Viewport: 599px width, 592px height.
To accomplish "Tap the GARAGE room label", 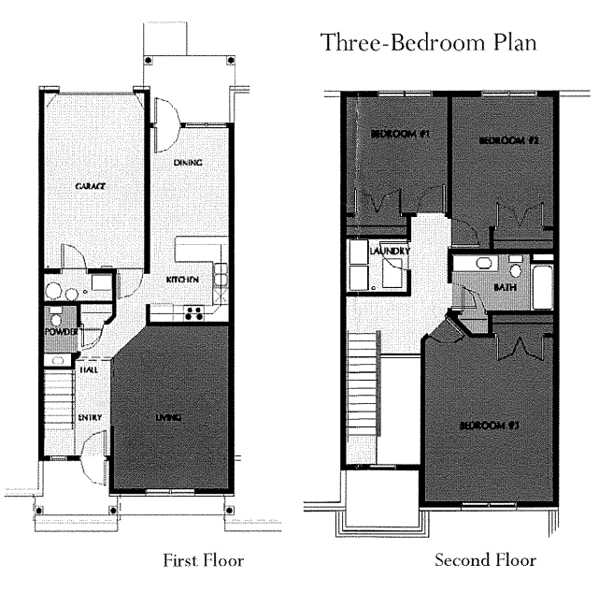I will [90, 186].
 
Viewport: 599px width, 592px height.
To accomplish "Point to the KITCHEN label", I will [180, 280].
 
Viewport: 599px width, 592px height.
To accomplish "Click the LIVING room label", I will [168, 417].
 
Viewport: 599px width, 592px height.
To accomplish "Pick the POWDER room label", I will [57, 331].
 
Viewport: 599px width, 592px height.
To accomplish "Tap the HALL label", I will [90, 369].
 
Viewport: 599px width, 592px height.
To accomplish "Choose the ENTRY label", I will [90, 417].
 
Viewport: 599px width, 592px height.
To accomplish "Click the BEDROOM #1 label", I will [399, 135].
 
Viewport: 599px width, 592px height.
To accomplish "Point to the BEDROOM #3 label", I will [489, 426].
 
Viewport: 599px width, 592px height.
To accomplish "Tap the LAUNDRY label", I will [384, 252].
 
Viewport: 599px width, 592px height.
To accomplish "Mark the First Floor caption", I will [203, 561].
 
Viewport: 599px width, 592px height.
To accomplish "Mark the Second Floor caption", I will [485, 561].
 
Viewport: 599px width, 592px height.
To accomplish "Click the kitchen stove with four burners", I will [195, 313].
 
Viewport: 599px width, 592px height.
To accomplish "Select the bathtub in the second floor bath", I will [542, 287].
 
